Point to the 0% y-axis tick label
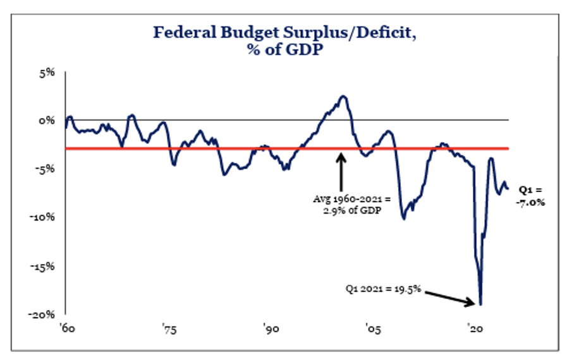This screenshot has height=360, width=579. click(x=49, y=121)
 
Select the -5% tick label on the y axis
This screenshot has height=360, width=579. click(x=47, y=169)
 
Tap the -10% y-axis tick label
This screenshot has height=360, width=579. click(x=45, y=217)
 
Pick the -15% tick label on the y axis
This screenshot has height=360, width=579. click(x=45, y=266)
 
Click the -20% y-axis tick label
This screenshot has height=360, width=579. click(x=45, y=315)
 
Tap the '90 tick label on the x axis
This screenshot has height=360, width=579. click(x=270, y=330)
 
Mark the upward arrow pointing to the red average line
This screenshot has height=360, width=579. click(x=342, y=169)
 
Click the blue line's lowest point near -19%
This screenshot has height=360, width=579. click(x=480, y=304)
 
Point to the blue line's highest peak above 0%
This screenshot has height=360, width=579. click(x=343, y=97)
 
